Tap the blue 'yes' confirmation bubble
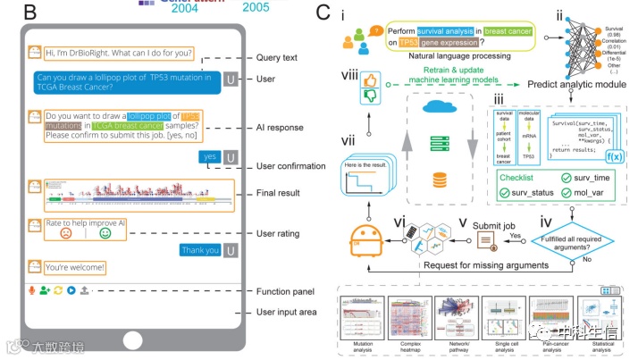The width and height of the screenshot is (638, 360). pyautogui.click(x=210, y=156)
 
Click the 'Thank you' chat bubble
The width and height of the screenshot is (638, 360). pyautogui.click(x=199, y=250)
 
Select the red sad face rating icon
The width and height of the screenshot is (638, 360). pyautogui.click(x=65, y=232)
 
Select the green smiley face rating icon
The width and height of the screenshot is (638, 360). pyautogui.click(x=105, y=232)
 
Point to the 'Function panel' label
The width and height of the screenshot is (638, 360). pyautogui.click(x=285, y=290)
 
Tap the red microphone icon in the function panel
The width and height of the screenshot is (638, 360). pyautogui.click(x=33, y=291)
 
